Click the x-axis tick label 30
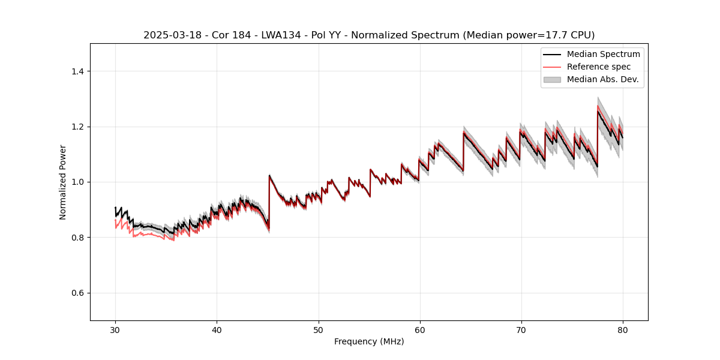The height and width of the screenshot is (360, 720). pyautogui.click(x=115, y=330)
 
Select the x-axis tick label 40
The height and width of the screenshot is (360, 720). pyautogui.click(x=217, y=330)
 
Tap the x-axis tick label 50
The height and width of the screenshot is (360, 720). pyautogui.click(x=319, y=330)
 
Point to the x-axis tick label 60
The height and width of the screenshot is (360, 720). pyautogui.click(x=420, y=330)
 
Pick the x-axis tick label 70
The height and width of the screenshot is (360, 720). pyautogui.click(x=521, y=330)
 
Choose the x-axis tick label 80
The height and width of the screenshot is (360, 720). pyautogui.click(x=623, y=330)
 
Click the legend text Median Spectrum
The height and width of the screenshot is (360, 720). pyautogui.click(x=603, y=54)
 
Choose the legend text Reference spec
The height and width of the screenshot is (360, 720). pyautogui.click(x=598, y=67)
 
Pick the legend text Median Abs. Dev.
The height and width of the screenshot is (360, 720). pyautogui.click(x=602, y=79)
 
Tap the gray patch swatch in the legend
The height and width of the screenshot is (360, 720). pyautogui.click(x=552, y=79)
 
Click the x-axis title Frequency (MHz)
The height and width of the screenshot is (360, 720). pyautogui.click(x=369, y=342)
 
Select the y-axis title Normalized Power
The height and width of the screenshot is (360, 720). pyautogui.click(x=63, y=182)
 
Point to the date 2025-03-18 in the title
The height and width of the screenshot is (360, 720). pyautogui.click(x=170, y=35)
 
